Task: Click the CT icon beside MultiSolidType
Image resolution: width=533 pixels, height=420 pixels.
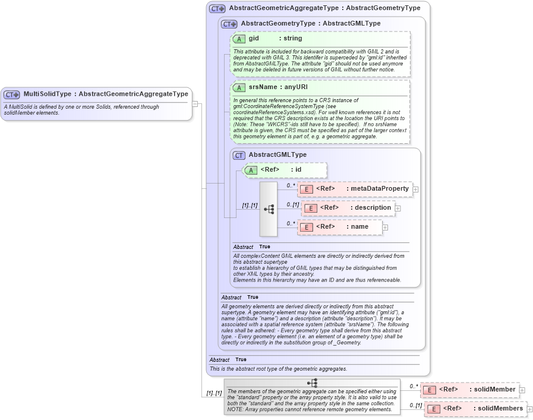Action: point(11,94)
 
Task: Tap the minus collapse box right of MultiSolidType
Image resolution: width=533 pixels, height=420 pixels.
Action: point(194,103)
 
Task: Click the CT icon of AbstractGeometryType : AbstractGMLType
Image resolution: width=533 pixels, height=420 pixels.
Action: point(229,24)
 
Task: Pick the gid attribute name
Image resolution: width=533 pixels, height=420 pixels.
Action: point(254,39)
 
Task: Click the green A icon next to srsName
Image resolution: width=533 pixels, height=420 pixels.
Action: point(239,87)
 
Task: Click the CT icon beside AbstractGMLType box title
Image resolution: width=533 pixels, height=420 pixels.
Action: point(239,155)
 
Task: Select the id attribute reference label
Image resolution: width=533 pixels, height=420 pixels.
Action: point(298,170)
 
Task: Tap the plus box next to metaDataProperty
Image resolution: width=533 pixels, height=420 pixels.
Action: point(415,190)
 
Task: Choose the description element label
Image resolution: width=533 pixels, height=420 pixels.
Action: point(373,208)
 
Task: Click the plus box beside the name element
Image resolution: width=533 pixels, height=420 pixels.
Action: point(385,227)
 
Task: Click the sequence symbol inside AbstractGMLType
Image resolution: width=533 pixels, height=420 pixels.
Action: point(269,209)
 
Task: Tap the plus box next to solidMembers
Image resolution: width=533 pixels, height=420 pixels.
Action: point(529,409)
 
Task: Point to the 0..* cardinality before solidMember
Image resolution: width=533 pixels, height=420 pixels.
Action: point(414,386)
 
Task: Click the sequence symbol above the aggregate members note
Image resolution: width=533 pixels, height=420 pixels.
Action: point(312,383)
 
